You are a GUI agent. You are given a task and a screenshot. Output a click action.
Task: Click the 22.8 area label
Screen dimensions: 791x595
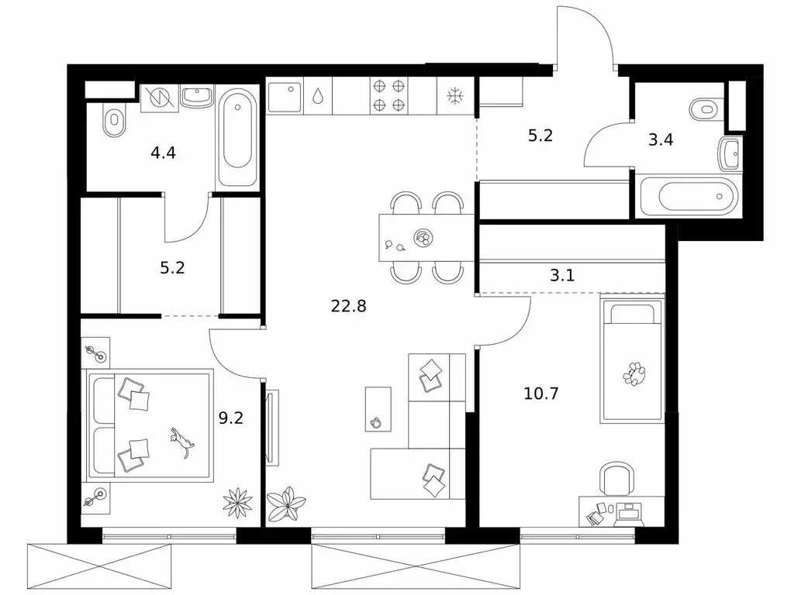348,306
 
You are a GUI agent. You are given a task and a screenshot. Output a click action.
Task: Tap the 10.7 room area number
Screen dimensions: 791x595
541,393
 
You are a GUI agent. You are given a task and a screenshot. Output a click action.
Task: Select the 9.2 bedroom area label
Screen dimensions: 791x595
231,418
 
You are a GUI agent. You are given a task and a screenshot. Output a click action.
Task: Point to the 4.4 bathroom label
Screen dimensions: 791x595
164,152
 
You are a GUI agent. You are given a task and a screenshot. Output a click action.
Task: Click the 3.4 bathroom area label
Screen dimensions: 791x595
661,139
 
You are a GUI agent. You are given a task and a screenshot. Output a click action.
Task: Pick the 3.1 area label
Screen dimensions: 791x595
562,276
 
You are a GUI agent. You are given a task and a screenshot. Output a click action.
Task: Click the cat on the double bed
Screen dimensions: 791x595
181,442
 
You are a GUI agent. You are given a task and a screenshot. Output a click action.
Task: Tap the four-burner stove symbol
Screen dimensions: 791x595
389,96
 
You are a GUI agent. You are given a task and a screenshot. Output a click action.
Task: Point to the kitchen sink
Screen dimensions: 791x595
284,96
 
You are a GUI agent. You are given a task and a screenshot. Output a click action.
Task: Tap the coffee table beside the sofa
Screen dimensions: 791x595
378,409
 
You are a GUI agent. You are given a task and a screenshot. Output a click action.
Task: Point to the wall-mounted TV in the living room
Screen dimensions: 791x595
271,428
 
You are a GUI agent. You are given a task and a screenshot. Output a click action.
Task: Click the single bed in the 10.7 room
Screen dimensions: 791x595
631,361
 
